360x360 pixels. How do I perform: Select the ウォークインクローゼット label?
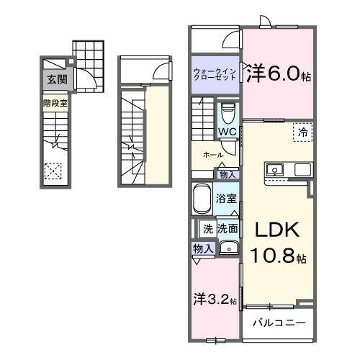215,75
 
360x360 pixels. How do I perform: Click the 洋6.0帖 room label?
279,74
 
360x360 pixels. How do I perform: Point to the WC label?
228,131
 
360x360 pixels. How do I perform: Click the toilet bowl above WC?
228,114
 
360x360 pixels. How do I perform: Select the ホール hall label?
212,154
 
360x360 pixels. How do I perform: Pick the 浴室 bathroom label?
227,199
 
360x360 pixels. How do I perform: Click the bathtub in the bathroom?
202,198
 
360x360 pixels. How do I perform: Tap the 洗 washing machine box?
207,229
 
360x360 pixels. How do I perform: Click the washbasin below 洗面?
228,248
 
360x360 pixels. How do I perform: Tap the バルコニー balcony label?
278,323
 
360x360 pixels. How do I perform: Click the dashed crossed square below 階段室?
53,171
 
